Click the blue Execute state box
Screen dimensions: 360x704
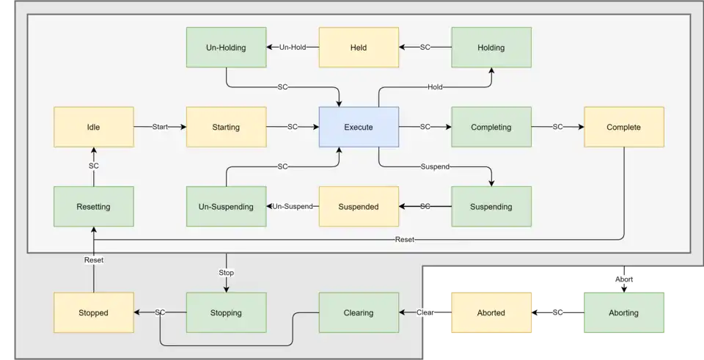[359, 127]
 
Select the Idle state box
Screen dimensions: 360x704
[93, 127]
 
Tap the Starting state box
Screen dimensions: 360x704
[226, 127]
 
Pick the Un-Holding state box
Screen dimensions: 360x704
[226, 48]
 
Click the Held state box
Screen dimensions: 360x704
[359, 48]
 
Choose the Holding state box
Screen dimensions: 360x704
[491, 48]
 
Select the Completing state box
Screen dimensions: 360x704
[491, 127]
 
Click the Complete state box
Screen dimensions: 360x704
[623, 127]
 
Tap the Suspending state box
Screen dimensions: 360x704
[491, 206]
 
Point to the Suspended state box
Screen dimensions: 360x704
[359, 206]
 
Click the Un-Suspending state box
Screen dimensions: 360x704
[226, 206]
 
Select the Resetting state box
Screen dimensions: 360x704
[93, 206]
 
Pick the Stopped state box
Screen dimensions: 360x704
[93, 312]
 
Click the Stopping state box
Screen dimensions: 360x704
[226, 312]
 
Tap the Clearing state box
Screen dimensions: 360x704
[359, 312]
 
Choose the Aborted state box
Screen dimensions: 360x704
[491, 312]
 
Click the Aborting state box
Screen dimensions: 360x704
[623, 312]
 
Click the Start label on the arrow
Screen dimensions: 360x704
[160, 127]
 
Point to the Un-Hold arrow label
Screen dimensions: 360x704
[292, 48]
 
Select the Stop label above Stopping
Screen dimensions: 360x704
[226, 273]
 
